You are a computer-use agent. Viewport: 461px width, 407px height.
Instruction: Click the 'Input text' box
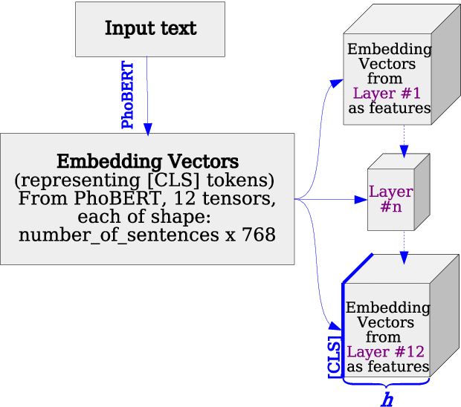click(x=150, y=29)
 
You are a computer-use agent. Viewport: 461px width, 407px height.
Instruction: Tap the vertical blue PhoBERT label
click(x=128, y=95)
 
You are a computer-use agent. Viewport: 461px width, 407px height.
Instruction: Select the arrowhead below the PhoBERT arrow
click(x=147, y=128)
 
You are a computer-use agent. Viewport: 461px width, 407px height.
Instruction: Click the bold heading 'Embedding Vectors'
click(x=148, y=161)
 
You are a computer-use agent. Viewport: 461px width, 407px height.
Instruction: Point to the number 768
click(x=259, y=235)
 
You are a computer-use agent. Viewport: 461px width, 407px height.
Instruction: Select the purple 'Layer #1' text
click(x=387, y=94)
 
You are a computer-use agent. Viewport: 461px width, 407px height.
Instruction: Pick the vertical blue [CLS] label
click(x=335, y=357)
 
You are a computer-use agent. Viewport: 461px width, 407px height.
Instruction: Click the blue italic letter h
click(x=387, y=400)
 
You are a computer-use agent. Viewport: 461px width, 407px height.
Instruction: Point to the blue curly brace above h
click(x=386, y=384)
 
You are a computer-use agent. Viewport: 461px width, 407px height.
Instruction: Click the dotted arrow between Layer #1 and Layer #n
click(x=404, y=137)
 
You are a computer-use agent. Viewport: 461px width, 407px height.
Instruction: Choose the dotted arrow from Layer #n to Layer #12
click(x=404, y=245)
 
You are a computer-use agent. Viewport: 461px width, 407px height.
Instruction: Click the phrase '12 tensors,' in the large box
click(x=230, y=199)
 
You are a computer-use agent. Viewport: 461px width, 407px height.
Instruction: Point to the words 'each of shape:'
click(x=146, y=218)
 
